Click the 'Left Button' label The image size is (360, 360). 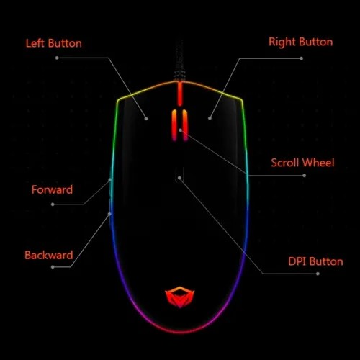54,43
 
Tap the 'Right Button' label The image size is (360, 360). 301,42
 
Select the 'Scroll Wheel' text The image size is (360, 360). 302,163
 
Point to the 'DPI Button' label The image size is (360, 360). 315,261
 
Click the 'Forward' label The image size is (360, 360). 52,189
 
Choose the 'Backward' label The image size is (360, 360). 49,255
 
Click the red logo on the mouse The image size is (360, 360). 180,297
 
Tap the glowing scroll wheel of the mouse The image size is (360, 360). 180,125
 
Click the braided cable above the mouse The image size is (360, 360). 179,61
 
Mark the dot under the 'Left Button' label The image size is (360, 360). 57,58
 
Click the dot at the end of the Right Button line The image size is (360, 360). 301,58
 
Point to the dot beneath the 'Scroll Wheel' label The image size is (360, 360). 304,176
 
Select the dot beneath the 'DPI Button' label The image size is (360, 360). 318,274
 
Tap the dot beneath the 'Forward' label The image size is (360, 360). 53,204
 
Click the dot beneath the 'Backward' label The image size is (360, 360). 53,267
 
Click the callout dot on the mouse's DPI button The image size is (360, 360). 179,178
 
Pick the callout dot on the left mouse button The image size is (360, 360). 146,119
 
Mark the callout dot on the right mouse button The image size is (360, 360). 210,118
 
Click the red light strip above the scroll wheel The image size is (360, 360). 180,94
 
